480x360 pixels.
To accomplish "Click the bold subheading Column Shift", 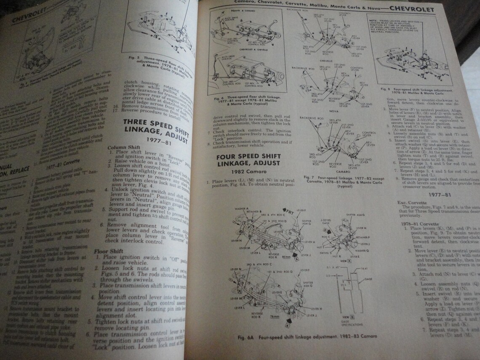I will pyautogui.click(x=120, y=148).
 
